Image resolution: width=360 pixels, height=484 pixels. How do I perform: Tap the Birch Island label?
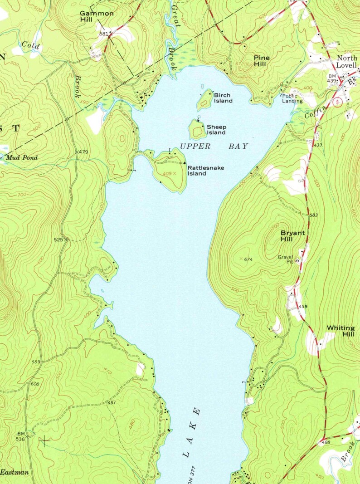[222, 98]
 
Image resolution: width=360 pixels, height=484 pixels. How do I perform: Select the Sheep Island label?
[216, 130]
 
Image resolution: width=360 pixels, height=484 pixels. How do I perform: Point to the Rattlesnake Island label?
[203, 171]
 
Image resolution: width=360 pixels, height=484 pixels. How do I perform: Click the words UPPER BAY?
[214, 146]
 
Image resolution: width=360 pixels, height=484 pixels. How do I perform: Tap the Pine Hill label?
[262, 61]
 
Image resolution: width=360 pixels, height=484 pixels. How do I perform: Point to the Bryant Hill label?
[292, 236]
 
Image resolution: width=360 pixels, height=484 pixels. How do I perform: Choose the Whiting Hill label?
[341, 331]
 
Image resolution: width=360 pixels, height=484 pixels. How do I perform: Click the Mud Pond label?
[22, 158]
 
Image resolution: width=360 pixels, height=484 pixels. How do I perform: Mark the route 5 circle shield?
[336, 103]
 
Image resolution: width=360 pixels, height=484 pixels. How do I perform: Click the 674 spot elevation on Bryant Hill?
[247, 259]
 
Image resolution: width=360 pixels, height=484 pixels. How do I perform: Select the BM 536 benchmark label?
[21, 436]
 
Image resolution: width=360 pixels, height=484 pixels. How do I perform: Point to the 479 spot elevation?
[82, 151]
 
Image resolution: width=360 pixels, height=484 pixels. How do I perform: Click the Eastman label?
[15, 472]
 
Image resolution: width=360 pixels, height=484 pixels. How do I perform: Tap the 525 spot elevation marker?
[66, 239]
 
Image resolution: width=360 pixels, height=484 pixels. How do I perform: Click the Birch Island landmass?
[205, 100]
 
